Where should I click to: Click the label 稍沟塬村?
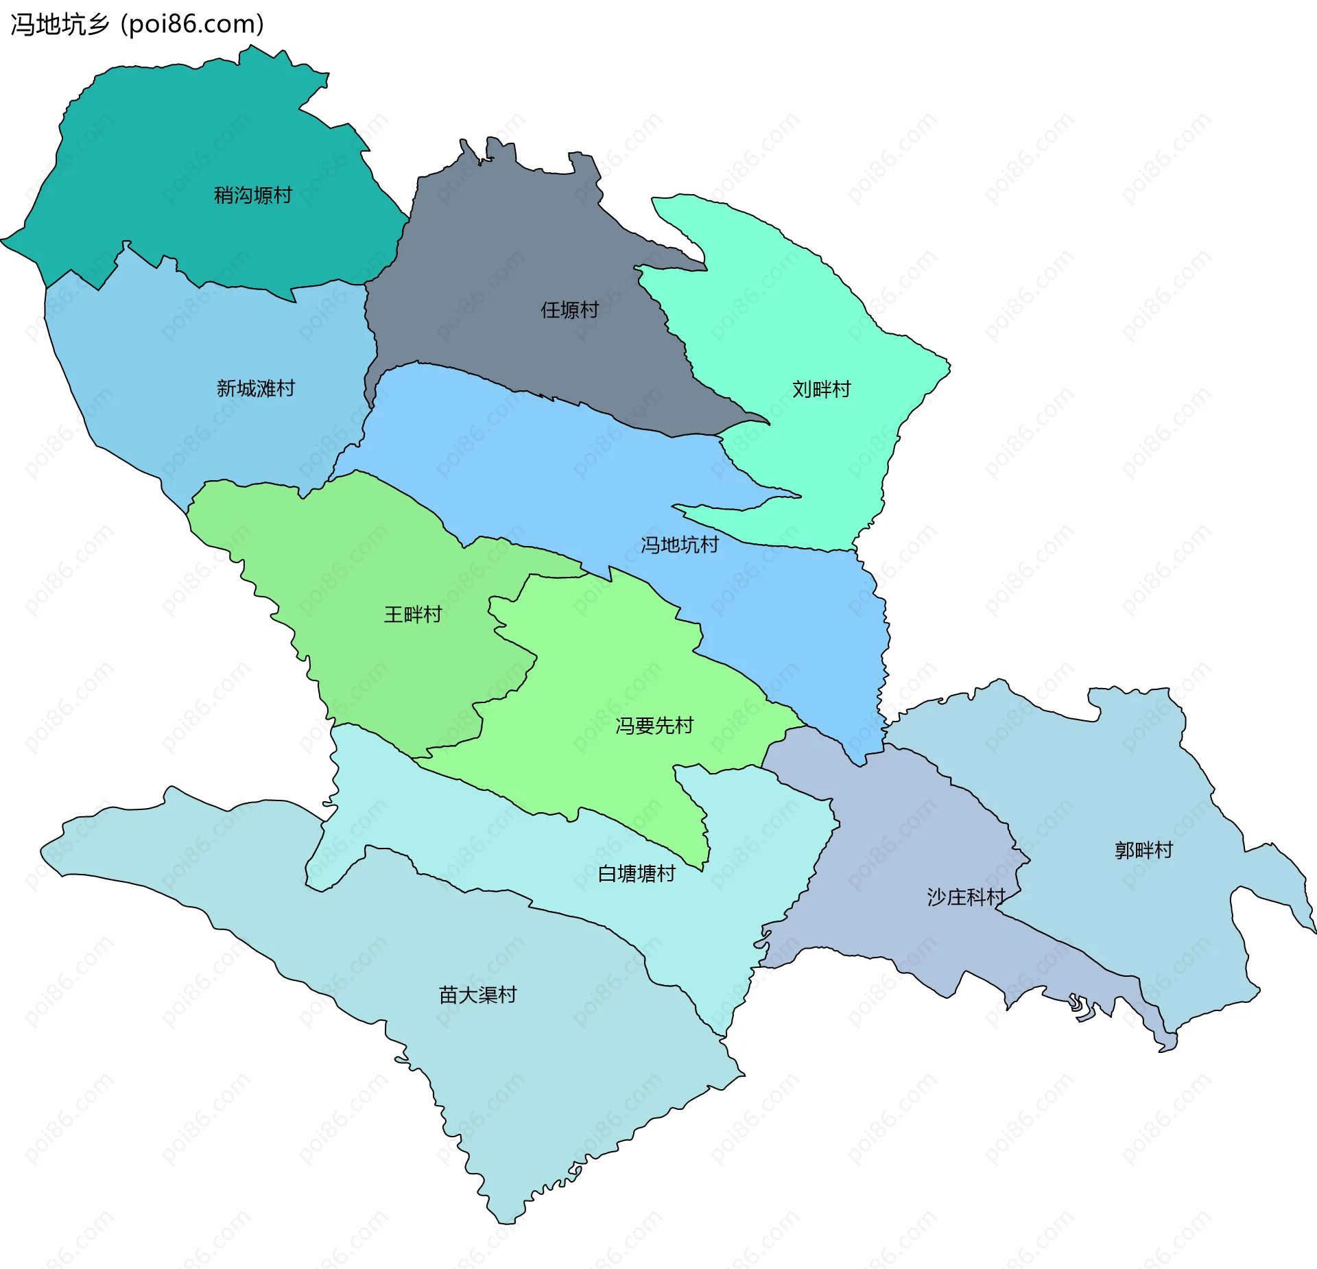pyautogui.click(x=253, y=195)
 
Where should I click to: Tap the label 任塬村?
pyautogui.click(x=569, y=310)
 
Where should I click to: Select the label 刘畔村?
pyautogui.click(x=821, y=390)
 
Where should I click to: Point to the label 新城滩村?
pyautogui.click(x=255, y=389)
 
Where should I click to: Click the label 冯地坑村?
pyautogui.click(x=679, y=545)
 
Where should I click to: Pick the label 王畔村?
pyautogui.click(x=413, y=615)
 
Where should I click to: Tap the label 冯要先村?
pyautogui.click(x=654, y=726)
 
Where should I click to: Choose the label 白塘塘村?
pyautogui.click(x=637, y=874)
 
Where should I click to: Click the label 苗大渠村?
pyautogui.click(x=477, y=995)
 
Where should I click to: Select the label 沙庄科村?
pyautogui.click(x=965, y=897)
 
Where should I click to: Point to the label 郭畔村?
pyautogui.click(x=1143, y=851)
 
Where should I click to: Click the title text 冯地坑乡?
pyautogui.click(x=60, y=25)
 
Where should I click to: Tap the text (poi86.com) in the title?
pyautogui.click(x=193, y=25)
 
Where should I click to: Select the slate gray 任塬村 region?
pyautogui.click(x=494, y=261)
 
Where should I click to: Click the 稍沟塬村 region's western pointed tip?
pyautogui.click(x=3, y=240)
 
